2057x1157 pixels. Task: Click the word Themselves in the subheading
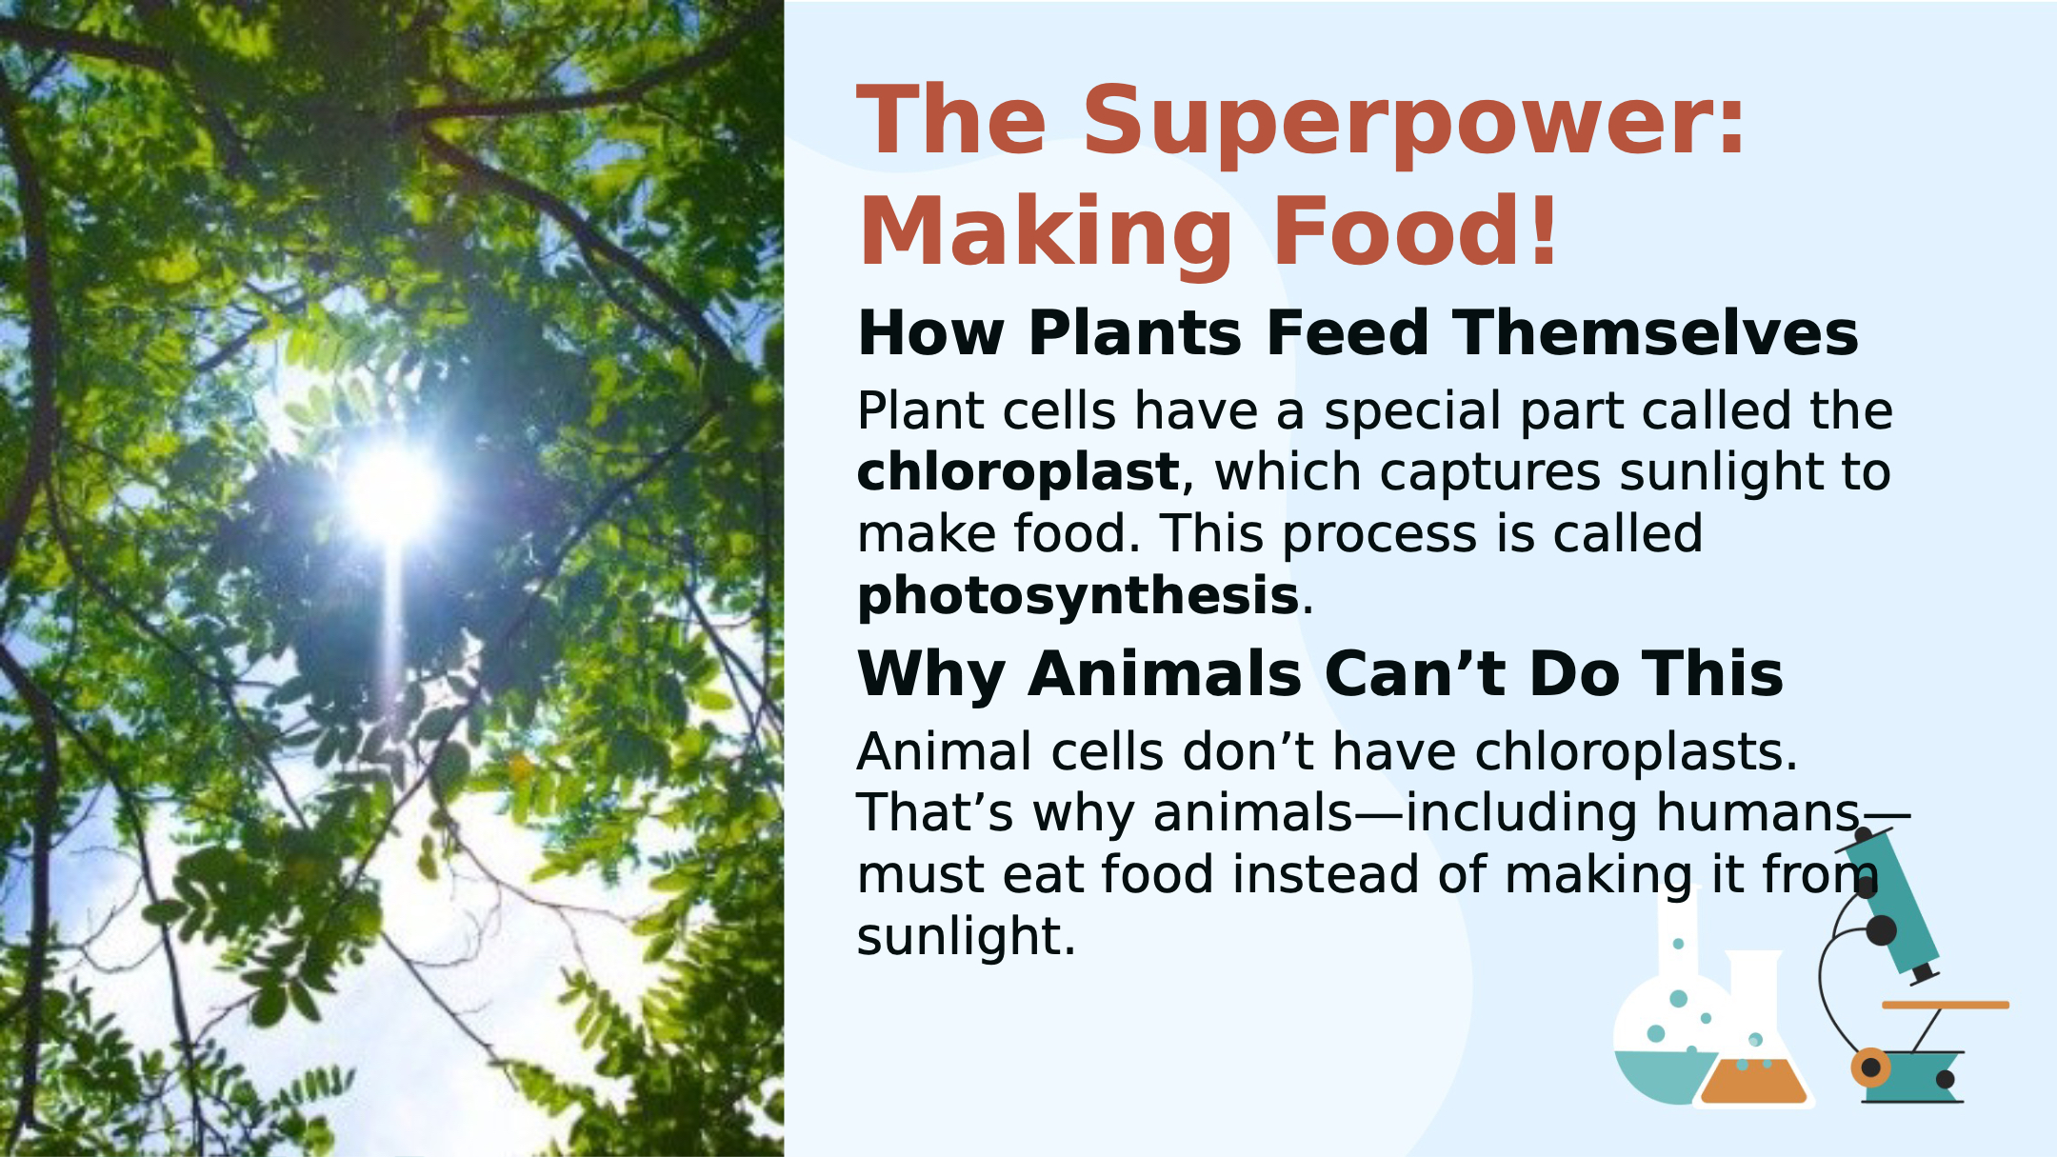[x=1655, y=333]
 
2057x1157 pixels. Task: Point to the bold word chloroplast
[x=1018, y=472]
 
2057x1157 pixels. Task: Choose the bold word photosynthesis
[x=1078, y=597]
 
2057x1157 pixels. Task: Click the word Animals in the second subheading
[x=1165, y=674]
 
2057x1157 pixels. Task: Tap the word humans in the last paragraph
[x=1758, y=814]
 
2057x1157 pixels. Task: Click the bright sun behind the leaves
[x=392, y=493]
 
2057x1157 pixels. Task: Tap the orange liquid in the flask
[x=1753, y=1083]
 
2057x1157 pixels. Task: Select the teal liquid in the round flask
[x=1662, y=1076]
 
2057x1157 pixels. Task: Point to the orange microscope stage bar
[x=1946, y=1005]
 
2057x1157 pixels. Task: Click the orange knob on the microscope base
[x=1870, y=1067]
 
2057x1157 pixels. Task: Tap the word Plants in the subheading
[x=1135, y=333]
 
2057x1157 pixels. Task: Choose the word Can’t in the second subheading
[x=1415, y=674]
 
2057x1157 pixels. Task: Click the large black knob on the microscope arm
[x=1881, y=930]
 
